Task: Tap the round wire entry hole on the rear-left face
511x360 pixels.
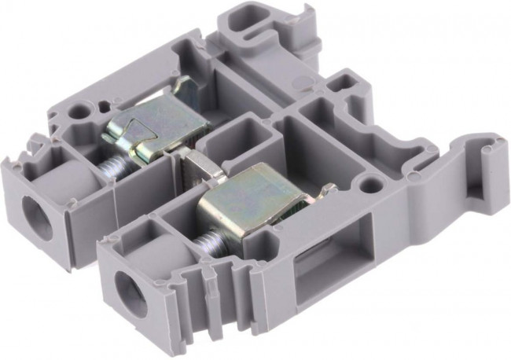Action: (x=35, y=211)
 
